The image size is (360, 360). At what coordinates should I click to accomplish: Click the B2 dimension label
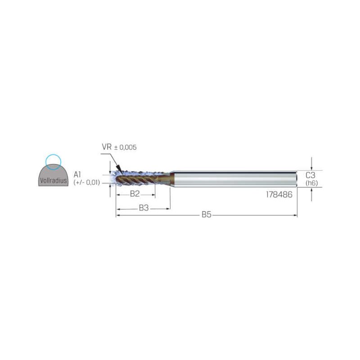[135, 194]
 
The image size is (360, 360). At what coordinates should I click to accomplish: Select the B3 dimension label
[144, 208]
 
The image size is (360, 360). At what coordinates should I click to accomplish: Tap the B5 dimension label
[207, 215]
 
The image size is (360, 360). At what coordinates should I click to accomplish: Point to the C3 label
[310, 175]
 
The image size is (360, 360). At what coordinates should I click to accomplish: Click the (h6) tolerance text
[311, 183]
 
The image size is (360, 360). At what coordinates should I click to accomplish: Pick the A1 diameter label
[77, 175]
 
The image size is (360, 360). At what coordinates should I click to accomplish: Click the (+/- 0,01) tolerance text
[86, 183]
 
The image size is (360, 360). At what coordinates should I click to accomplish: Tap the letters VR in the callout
[107, 147]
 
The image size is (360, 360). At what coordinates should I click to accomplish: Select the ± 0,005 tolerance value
[126, 148]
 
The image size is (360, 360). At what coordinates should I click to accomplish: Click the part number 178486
[279, 195]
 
